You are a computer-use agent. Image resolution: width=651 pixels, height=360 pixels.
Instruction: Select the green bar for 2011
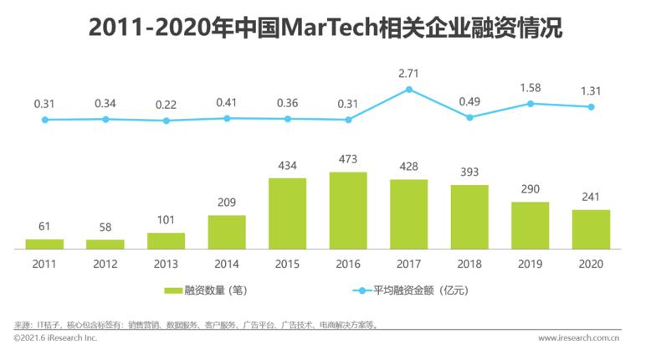pos(44,244)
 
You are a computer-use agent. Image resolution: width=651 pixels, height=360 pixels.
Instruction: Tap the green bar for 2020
pos(591,229)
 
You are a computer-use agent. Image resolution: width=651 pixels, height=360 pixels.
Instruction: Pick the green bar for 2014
pos(227,232)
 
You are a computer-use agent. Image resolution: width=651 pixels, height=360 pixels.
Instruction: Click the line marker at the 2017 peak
pos(409,89)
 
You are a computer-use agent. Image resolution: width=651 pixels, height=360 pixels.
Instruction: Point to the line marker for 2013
pos(167,121)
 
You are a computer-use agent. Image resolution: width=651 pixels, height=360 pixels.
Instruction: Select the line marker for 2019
pos(531,104)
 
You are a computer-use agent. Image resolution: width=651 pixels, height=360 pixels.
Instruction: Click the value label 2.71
pos(409,73)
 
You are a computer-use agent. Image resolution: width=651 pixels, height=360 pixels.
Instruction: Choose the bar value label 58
pos(105,227)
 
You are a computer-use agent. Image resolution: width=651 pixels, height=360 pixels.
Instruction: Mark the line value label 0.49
pos(469,102)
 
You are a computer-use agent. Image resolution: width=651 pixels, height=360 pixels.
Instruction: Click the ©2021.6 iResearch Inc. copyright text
pos(55,338)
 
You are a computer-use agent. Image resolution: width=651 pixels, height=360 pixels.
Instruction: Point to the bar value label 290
pos(531,189)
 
